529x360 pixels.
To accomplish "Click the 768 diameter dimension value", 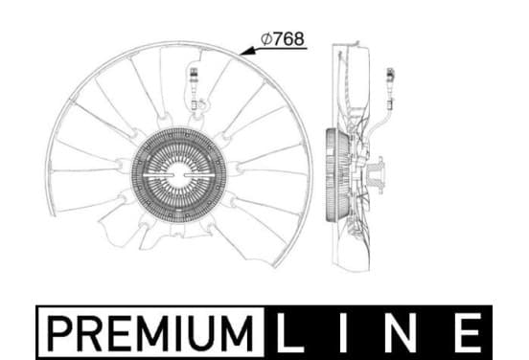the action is coord(288,38).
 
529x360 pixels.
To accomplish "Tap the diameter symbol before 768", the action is coord(266,38).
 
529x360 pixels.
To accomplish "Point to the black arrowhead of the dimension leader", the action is coord(247,52).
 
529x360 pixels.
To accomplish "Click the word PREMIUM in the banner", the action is coord(149,333).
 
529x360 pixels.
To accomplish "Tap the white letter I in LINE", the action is coord(344,333).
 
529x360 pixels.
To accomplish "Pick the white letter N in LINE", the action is coord(402,333).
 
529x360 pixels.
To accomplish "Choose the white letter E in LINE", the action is coord(468,333).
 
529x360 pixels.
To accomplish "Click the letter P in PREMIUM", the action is coord(60,333).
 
